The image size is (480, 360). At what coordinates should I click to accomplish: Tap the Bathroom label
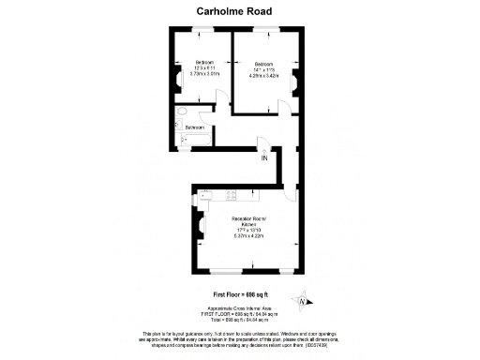pos(195,127)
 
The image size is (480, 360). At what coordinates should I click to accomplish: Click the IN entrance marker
pos(264,157)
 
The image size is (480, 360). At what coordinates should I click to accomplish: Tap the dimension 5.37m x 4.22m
pos(249,235)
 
